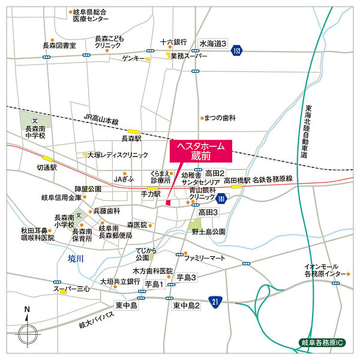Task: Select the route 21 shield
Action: coord(215,301)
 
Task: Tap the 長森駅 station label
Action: coord(131,138)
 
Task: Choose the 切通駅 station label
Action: coord(46,167)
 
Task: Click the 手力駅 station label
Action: coord(151,194)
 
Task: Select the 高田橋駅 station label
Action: coord(236,179)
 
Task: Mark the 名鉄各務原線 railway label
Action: coord(272,179)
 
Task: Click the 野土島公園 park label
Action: coord(208,231)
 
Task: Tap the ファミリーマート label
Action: coord(205,257)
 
